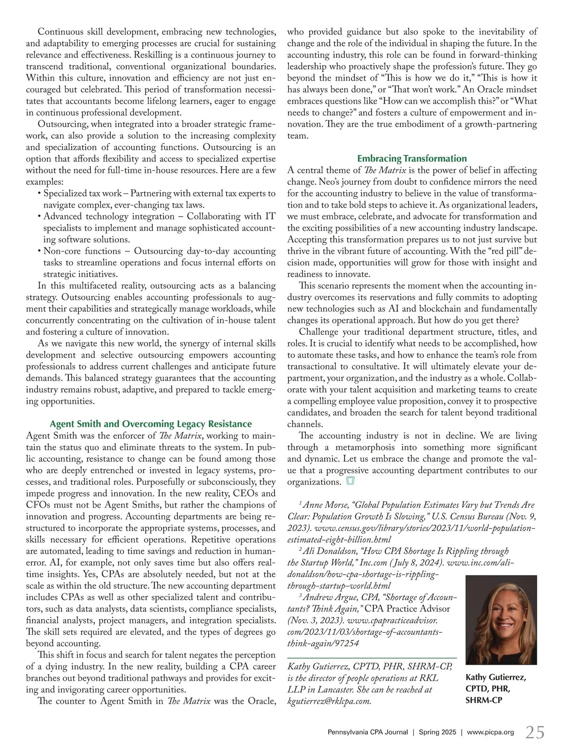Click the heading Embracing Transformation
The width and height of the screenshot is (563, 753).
tap(412, 158)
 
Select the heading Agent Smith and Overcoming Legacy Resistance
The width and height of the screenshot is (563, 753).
tap(151, 424)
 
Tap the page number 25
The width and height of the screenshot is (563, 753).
tap(535, 732)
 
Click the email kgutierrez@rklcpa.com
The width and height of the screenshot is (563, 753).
tap(329, 701)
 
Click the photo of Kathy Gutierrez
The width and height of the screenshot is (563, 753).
tap(501, 620)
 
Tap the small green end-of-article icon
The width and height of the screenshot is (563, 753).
tap(350, 482)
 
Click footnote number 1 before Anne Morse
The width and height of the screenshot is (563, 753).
tap(300, 503)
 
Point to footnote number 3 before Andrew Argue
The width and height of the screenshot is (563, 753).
tap(300, 595)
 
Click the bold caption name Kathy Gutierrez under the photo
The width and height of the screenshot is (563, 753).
tap(495, 678)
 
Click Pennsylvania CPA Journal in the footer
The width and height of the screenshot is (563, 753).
tap(367, 732)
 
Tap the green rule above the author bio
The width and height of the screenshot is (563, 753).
tap(372, 658)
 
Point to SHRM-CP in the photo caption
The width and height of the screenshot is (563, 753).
tap(484, 700)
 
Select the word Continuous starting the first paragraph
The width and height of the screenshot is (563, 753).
tap(60, 32)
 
